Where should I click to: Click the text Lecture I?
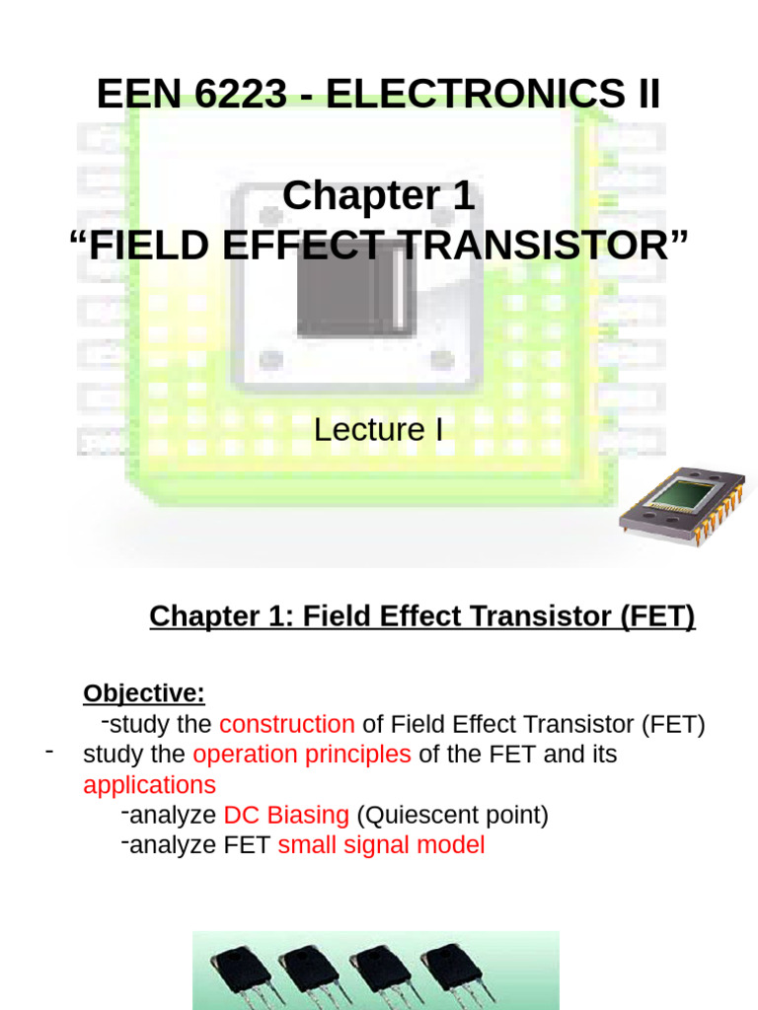coord(378,429)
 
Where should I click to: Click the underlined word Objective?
coord(144,693)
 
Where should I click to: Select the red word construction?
coord(286,724)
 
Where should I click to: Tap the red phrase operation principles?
coord(302,755)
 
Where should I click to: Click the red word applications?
coord(149,785)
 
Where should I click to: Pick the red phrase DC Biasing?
coord(286,816)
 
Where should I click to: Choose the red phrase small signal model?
coord(381,845)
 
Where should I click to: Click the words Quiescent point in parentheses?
coord(452,816)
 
